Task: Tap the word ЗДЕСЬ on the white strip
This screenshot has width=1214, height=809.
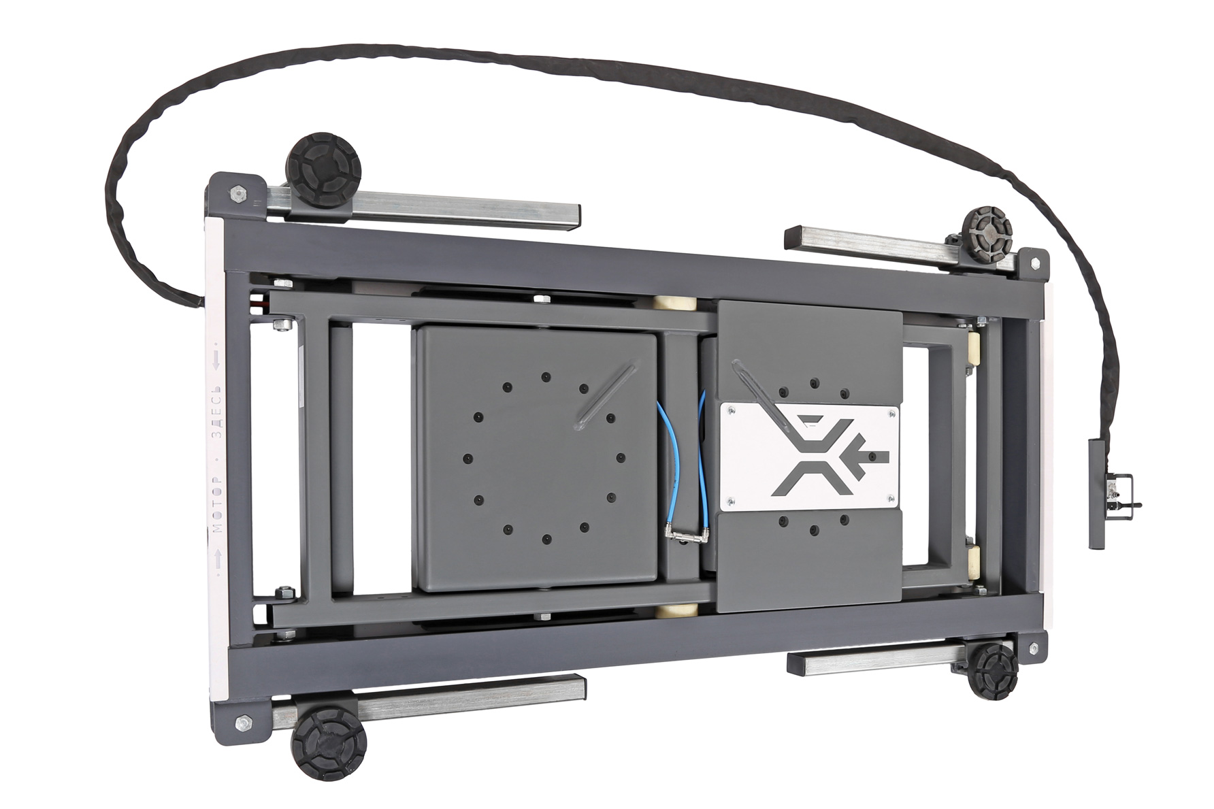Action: (x=217, y=414)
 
